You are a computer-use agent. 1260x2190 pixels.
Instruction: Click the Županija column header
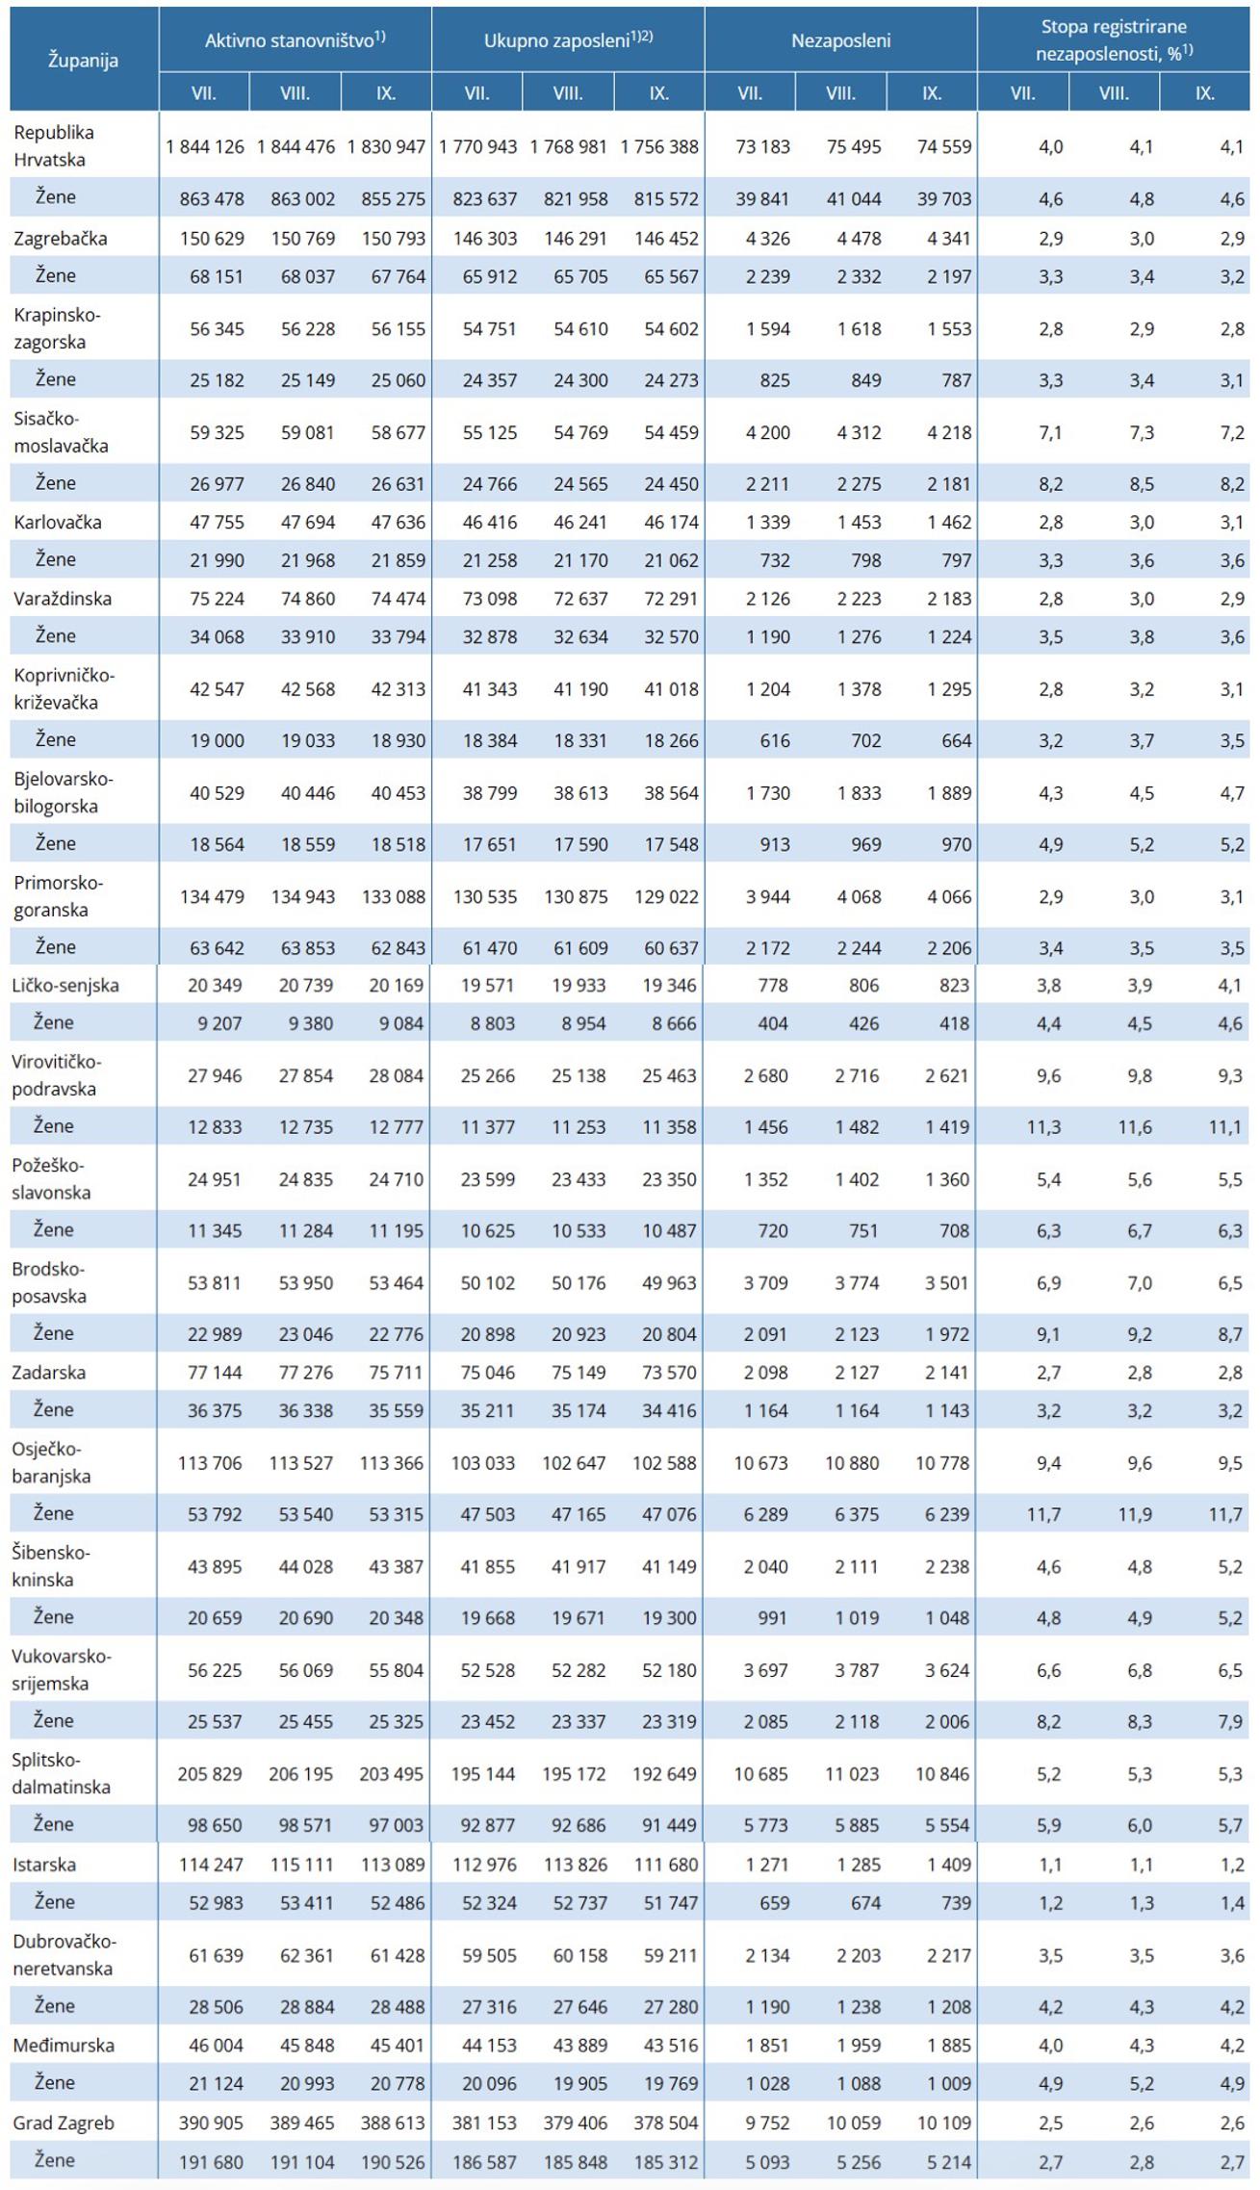pos(84,60)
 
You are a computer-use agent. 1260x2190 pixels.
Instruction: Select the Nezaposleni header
pos(840,40)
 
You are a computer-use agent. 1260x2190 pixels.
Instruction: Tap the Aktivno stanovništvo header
pos(295,40)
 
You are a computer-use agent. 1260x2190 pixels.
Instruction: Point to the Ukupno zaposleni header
pos(568,40)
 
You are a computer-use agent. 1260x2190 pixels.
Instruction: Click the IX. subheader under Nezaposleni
pos(931,93)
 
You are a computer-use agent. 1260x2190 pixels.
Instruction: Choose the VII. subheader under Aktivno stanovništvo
pos(203,93)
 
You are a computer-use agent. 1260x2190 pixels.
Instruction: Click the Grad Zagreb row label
pos(63,2123)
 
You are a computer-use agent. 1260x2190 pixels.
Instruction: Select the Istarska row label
pos(43,1865)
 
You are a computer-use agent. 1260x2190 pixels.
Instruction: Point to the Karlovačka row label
pos(57,523)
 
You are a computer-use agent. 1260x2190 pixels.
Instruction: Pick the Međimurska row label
pos(64,2046)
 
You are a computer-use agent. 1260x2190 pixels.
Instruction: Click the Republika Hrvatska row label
pos(54,146)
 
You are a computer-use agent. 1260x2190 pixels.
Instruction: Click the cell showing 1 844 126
pos(205,147)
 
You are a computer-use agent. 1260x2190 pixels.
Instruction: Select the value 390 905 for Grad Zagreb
pos(211,2124)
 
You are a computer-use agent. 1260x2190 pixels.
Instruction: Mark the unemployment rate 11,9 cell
pos(1135,1514)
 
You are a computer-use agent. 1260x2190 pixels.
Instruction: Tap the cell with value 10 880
pos(852,1463)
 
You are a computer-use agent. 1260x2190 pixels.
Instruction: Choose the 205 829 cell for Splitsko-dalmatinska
pos(209,1774)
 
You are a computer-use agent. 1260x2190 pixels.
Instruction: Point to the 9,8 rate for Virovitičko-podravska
pos(1139,1076)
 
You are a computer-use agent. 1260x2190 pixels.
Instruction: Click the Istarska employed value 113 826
pos(576,1866)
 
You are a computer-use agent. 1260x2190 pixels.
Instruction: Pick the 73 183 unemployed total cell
pos(762,147)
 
